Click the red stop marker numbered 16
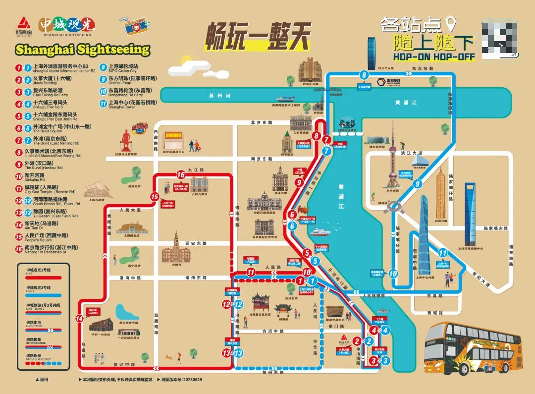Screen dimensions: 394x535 181,174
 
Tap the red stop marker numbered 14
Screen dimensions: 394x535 79,319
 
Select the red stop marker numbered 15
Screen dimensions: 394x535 154,197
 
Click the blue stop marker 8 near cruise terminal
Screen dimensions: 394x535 365,75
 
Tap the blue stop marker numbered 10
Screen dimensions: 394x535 393,273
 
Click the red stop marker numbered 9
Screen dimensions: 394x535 298,182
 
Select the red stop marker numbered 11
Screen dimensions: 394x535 251,272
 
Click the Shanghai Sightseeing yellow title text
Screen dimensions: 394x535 82,49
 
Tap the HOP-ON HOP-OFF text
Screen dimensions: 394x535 434,57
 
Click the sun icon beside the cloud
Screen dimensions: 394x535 186,60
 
